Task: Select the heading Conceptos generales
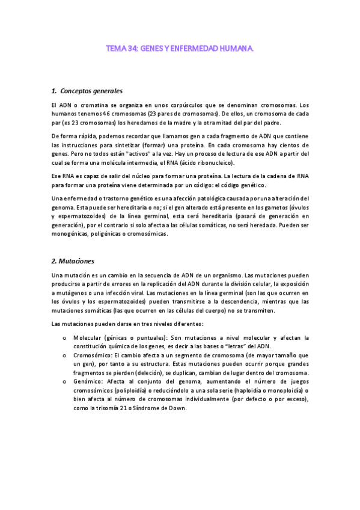click(91, 91)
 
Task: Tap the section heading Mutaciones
click(80, 262)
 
